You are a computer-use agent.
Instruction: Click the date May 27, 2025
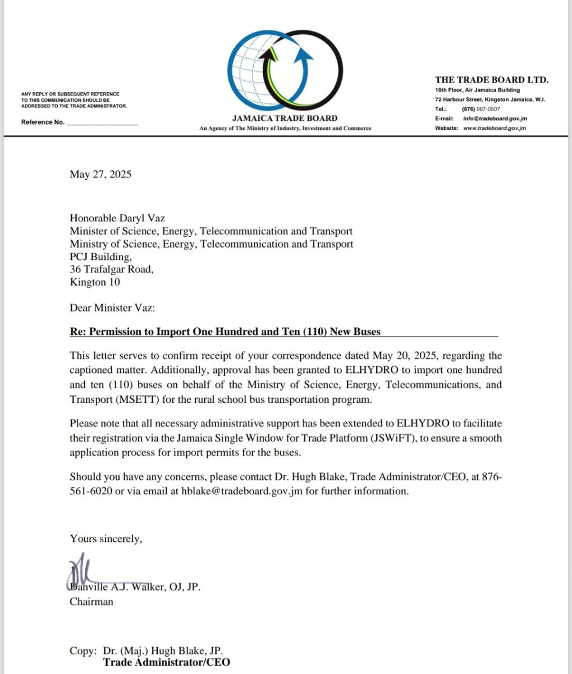100,174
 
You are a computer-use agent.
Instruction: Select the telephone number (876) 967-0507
481,109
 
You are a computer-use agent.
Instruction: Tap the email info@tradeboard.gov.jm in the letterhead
495,119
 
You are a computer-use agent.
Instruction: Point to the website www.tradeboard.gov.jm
495,128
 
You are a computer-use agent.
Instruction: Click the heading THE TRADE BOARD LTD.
492,80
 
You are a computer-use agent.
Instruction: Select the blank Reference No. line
102,123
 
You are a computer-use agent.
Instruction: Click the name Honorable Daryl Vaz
117,218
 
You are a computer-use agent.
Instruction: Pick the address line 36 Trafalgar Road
111,269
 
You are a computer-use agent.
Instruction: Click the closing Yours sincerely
106,539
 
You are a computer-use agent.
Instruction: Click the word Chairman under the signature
91,602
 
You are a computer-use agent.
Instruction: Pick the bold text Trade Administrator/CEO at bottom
166,662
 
